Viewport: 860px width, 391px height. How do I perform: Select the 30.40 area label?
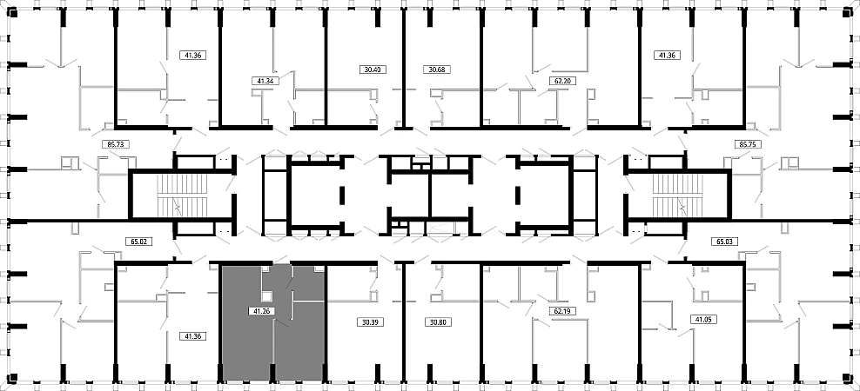tap(373, 70)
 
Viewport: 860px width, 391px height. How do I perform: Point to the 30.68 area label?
tap(436, 70)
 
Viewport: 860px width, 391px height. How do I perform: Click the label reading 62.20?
tap(561, 81)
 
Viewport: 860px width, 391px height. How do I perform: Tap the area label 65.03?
tap(724, 241)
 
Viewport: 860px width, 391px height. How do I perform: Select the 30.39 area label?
tap(373, 322)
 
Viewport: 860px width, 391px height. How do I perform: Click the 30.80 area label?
tap(438, 322)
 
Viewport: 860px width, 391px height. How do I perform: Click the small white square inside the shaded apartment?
tap(266, 296)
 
